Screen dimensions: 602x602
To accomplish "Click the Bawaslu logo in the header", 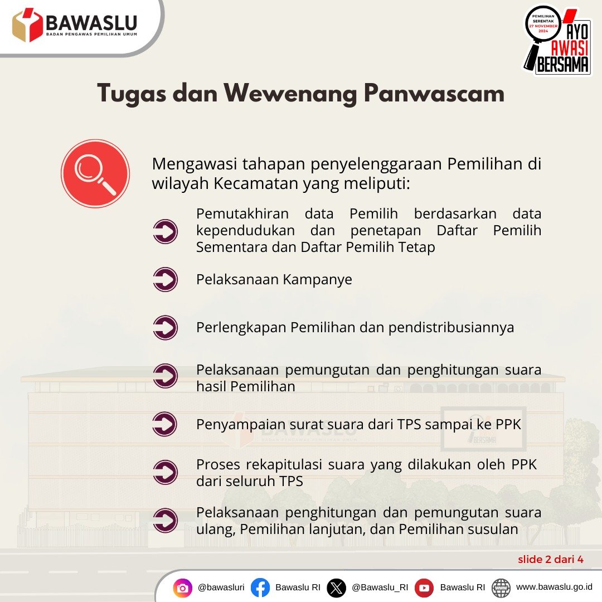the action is click(75, 25).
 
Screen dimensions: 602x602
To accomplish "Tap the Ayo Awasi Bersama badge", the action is click(558, 40).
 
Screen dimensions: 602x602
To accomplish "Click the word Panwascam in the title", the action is click(434, 93).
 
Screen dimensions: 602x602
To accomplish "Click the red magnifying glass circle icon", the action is click(95, 173).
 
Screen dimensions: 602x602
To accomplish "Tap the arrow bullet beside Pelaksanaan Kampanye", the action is click(165, 279).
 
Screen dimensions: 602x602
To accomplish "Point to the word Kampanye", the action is click(317, 280).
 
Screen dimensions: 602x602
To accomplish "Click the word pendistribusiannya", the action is click(451, 328).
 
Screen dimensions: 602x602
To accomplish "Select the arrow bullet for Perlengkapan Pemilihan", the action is click(165, 328).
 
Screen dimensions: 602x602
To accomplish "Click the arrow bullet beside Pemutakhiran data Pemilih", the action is click(165, 231).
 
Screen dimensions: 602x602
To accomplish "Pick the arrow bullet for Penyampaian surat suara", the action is click(165, 424).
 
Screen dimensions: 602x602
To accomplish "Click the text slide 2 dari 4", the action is click(551, 560).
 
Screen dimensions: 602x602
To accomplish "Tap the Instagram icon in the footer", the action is click(183, 588).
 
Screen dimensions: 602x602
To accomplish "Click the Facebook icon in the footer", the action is click(260, 588).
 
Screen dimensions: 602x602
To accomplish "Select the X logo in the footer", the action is click(336, 588).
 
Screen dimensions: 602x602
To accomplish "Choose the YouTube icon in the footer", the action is click(424, 588).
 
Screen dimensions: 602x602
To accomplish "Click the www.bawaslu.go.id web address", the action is click(554, 587).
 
